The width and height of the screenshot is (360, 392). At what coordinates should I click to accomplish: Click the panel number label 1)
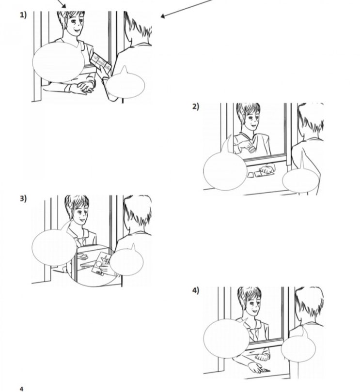click(x=23, y=15)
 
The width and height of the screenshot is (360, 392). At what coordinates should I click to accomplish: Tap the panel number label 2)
click(x=196, y=106)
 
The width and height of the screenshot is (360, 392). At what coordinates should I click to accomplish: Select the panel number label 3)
click(x=23, y=198)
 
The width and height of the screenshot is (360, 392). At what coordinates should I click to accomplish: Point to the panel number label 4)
click(x=196, y=290)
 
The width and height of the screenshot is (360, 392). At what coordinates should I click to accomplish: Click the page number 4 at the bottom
click(x=21, y=389)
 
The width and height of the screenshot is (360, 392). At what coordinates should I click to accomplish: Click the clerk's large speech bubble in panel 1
click(x=58, y=62)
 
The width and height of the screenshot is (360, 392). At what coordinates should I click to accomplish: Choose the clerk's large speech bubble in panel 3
click(x=54, y=246)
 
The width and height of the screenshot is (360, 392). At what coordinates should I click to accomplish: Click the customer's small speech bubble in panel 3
click(x=126, y=261)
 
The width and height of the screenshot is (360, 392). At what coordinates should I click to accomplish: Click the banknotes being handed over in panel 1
click(x=101, y=62)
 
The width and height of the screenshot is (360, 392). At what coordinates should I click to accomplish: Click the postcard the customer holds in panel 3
click(x=101, y=263)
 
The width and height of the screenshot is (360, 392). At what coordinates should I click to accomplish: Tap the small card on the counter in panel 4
click(x=266, y=370)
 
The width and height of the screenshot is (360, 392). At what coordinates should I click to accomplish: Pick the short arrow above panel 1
click(x=62, y=4)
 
